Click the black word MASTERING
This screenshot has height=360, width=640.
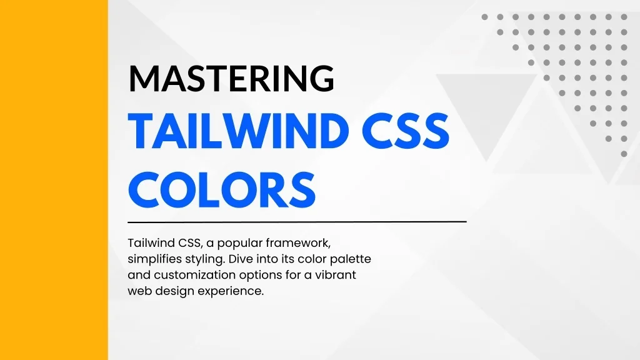(x=231, y=78)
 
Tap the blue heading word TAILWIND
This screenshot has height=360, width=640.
(x=238, y=131)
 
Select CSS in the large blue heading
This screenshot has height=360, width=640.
(x=405, y=131)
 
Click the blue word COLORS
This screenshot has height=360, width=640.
(x=222, y=190)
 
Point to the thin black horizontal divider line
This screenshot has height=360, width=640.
(x=297, y=222)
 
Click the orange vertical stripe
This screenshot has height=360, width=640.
(x=54, y=180)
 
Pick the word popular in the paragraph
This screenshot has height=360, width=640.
(x=240, y=244)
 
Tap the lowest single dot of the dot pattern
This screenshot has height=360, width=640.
(x=624, y=154)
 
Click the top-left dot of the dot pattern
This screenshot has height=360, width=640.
(x=484, y=17)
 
